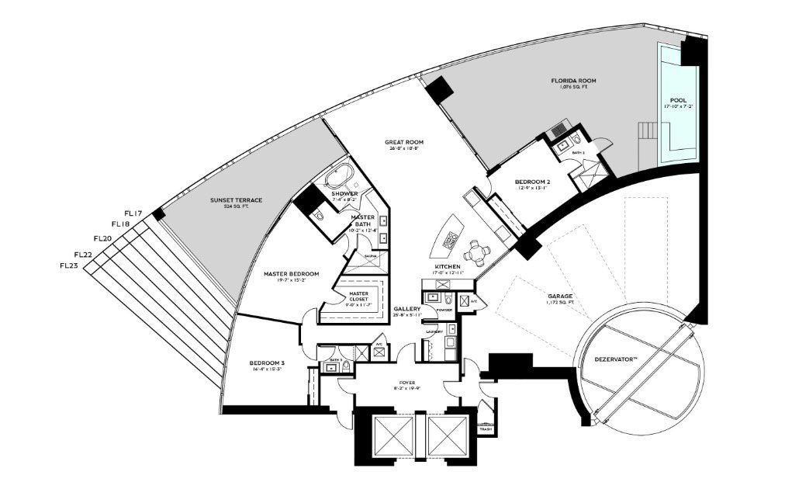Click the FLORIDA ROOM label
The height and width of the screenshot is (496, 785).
click(x=573, y=81)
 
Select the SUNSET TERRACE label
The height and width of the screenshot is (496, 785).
click(x=236, y=200)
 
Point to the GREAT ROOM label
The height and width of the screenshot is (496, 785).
click(x=404, y=142)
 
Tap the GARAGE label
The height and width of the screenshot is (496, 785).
click(x=559, y=297)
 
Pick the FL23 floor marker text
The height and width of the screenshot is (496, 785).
click(x=68, y=265)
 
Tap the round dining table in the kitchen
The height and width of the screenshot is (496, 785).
click(x=475, y=251)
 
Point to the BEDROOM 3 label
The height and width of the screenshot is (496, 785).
click(x=266, y=363)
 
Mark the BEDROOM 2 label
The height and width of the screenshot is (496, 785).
click(x=531, y=182)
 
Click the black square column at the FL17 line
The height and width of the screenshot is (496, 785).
click(x=159, y=214)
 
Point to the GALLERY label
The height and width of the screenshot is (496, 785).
click(x=407, y=308)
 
